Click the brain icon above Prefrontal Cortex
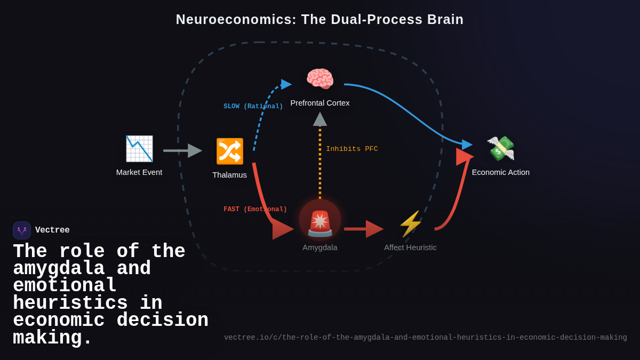(320, 79)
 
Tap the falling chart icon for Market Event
(139, 149)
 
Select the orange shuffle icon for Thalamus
(230, 151)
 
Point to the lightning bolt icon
(410, 224)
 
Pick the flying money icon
(501, 148)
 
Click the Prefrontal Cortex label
(320, 103)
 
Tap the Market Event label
(139, 172)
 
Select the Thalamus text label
(229, 175)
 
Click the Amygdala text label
(320, 247)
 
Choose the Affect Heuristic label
(410, 247)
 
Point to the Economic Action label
(501, 172)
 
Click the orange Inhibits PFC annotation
(352, 149)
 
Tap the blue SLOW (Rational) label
(253, 107)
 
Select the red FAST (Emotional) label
(255, 210)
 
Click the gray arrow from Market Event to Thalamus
(182, 151)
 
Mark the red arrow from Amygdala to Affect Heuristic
(363, 229)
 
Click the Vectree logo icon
(22, 230)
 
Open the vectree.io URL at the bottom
(425, 338)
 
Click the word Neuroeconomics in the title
(236, 20)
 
